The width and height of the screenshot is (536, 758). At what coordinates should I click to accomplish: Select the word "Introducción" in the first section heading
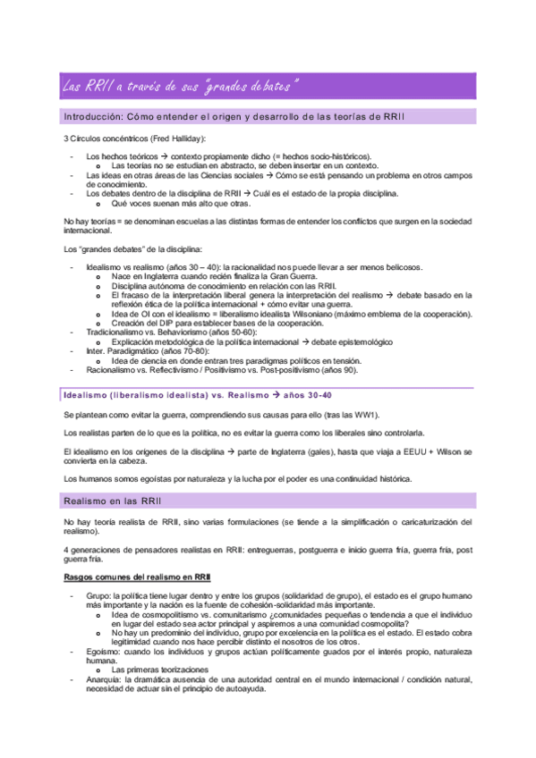point(92,118)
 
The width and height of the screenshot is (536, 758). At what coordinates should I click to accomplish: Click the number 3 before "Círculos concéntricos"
point(66,139)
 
